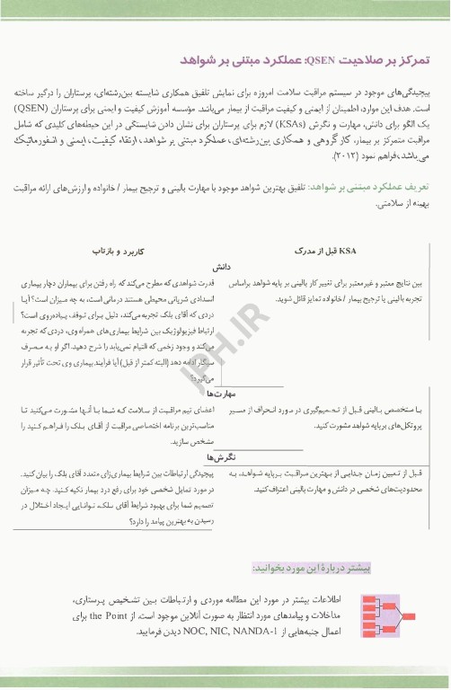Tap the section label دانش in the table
coord(224,268)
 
